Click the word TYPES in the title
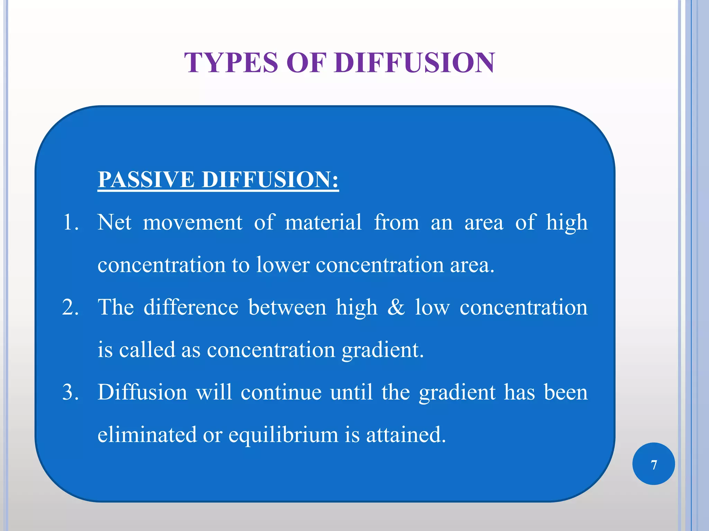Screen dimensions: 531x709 click(231, 63)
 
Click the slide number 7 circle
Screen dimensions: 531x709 click(653, 464)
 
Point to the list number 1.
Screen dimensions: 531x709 click(70, 222)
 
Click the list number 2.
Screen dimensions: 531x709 click(70, 307)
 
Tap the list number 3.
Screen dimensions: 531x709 click(70, 392)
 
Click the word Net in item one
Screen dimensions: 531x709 click(114, 222)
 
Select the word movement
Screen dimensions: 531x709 click(192, 222)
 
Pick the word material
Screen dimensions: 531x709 click(323, 222)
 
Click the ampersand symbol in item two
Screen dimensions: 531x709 click(396, 307)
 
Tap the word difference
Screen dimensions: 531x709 click(191, 307)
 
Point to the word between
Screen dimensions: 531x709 click(287, 307)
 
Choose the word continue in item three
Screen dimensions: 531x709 click(281, 392)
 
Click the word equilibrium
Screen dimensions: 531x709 click(283, 435)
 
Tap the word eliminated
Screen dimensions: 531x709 click(147, 435)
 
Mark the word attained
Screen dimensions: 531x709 click(406, 435)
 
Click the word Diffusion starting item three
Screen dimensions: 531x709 click(142, 392)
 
